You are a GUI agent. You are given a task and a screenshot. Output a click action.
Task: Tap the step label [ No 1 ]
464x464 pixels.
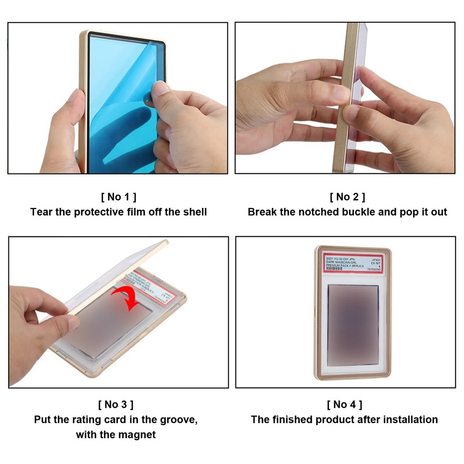pos(118,197)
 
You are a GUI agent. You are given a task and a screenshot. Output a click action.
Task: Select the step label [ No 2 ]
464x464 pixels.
pos(347,197)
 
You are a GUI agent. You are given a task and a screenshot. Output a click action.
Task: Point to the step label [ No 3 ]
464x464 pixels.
pos(118,404)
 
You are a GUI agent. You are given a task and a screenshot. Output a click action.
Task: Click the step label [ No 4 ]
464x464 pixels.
pos(344,404)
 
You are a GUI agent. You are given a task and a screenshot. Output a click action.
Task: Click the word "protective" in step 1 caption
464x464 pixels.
pos(97,212)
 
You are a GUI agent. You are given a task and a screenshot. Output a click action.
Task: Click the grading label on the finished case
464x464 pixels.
pos(353,263)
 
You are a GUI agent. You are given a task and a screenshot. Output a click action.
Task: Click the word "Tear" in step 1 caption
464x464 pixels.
pos(40,212)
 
